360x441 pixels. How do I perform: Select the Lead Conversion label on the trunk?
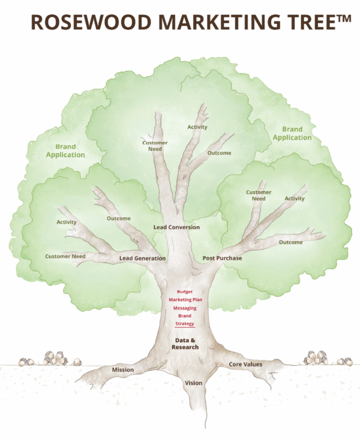[x=177, y=227]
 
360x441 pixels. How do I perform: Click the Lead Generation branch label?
[x=142, y=258]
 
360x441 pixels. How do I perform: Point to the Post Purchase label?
[x=222, y=258]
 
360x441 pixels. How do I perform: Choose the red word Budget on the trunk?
[x=185, y=292]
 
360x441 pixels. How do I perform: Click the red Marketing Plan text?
[x=185, y=300]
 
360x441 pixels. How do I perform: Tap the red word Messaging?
[x=185, y=308]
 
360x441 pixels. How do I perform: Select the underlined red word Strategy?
[x=185, y=324]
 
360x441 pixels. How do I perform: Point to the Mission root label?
[x=123, y=370]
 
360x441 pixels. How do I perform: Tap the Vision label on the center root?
[x=194, y=383]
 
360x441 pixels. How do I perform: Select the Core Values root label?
[x=245, y=364]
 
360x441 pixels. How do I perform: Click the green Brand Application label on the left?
[x=66, y=151]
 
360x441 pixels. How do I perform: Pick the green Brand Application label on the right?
[x=292, y=134]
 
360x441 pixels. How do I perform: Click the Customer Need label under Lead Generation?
[x=65, y=257]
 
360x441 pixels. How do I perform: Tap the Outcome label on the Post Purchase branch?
[x=291, y=242]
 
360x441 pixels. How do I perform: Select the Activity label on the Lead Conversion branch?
[x=197, y=127]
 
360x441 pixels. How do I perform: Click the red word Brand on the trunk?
[x=185, y=316]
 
